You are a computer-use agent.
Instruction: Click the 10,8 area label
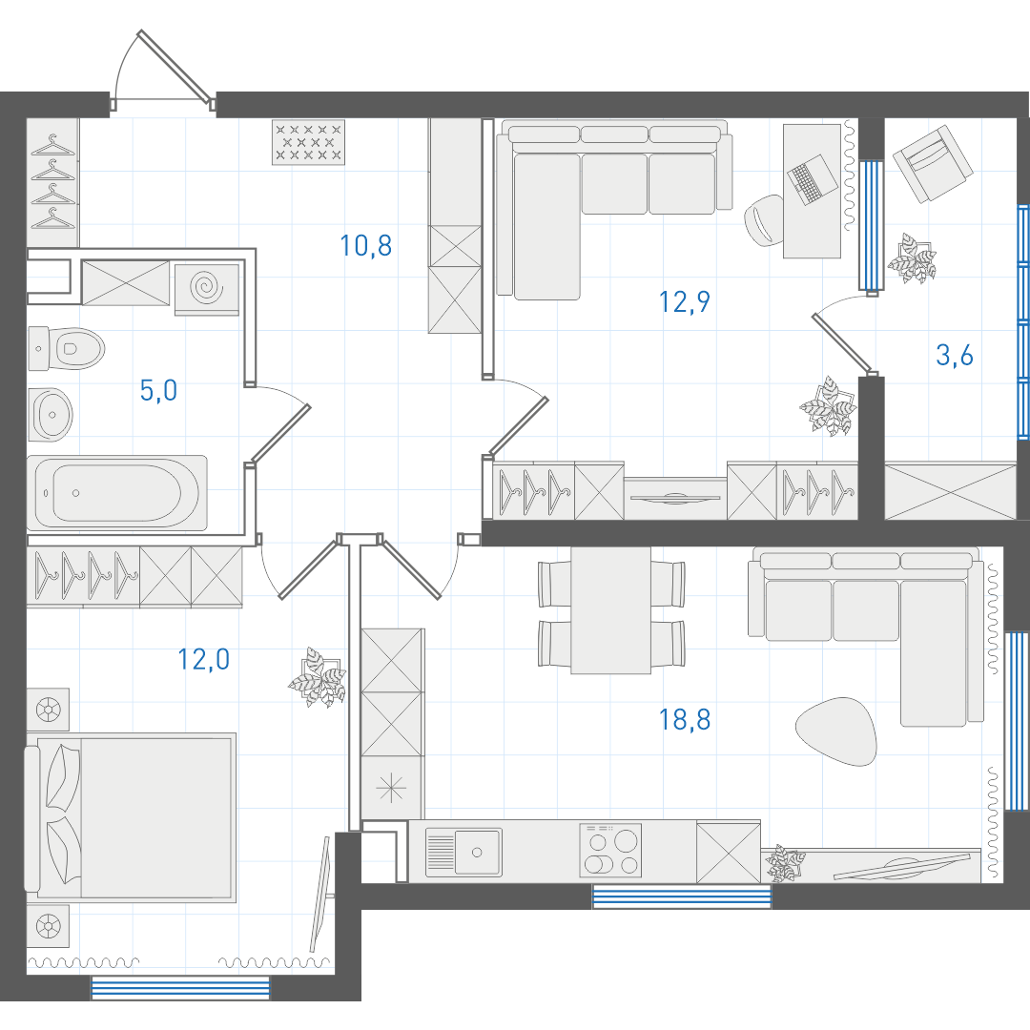[x=366, y=246]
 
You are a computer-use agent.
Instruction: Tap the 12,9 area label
[x=685, y=302]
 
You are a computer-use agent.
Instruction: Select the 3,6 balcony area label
[x=955, y=356]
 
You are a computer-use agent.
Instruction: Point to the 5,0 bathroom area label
[x=158, y=390]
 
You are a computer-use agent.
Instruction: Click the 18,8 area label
[x=685, y=719]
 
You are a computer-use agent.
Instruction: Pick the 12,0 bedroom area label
[x=204, y=659]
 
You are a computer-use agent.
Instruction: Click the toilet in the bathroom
[x=67, y=349]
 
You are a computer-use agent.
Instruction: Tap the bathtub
[x=117, y=493]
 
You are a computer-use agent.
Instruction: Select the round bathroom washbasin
[x=51, y=415]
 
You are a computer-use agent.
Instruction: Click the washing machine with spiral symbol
[x=206, y=288]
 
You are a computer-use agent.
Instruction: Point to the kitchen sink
[x=463, y=852]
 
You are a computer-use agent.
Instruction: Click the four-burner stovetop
[x=610, y=850]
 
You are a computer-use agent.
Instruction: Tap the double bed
[x=131, y=817]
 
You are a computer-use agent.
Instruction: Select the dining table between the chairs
[x=611, y=610]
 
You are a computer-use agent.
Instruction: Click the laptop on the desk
[x=813, y=178]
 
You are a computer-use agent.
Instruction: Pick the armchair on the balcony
[x=932, y=164]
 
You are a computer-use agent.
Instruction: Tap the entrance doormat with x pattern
[x=308, y=142]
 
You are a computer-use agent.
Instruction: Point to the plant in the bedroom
[x=318, y=677]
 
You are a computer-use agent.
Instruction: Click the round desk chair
[x=763, y=220]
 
